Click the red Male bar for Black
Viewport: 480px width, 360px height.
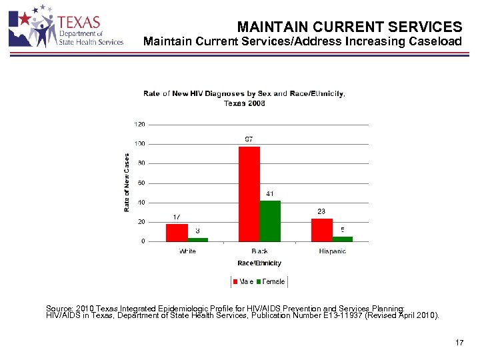(x=249, y=193)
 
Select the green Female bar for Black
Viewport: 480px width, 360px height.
(x=270, y=221)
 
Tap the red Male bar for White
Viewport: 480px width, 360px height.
(x=177, y=233)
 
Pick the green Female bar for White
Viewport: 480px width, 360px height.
(x=198, y=239)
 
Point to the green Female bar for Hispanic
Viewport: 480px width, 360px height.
(x=343, y=239)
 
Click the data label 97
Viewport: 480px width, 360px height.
(x=249, y=139)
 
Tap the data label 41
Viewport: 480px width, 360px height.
(x=270, y=193)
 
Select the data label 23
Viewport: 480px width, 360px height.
(x=321, y=211)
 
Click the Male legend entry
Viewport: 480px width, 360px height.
(x=243, y=281)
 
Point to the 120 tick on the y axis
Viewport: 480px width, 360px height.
(x=140, y=125)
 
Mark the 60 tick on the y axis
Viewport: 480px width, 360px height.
(x=141, y=183)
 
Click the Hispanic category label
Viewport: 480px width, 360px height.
(x=332, y=251)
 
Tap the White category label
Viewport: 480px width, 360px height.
(x=187, y=251)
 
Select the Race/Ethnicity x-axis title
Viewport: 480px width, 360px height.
(x=259, y=263)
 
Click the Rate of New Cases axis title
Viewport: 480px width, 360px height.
(x=127, y=183)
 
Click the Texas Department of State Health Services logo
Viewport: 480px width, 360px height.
(x=66, y=27)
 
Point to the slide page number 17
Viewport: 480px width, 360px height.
(x=459, y=343)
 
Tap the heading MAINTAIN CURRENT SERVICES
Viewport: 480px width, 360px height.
(x=349, y=27)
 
